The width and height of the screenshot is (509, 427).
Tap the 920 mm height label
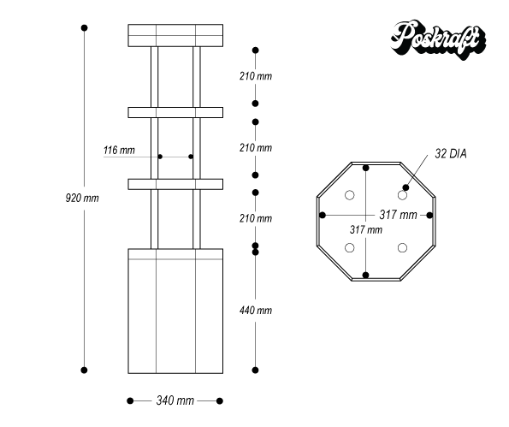click(82, 198)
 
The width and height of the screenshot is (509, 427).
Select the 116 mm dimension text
click(119, 151)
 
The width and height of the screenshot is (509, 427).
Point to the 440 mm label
click(255, 310)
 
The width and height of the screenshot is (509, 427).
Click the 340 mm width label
click(175, 400)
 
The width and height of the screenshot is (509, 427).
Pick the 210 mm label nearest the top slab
click(255, 76)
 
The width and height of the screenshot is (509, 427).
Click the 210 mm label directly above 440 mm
click(255, 219)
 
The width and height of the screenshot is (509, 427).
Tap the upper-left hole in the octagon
click(350, 196)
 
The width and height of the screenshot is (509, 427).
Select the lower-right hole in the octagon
click(402, 248)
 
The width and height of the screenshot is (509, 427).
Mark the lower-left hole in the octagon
click(350, 248)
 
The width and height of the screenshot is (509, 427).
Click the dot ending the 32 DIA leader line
click(406, 187)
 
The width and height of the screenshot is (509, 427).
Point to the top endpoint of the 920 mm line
click(84, 28)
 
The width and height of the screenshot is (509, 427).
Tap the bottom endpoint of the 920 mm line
click(84, 370)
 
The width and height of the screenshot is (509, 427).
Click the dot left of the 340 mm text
click(130, 400)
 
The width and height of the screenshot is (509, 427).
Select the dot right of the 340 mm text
click(220, 400)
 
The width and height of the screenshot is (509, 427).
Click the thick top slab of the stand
click(175, 35)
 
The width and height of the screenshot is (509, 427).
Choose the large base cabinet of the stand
click(175, 311)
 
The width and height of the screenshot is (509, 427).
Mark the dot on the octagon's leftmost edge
click(323, 215)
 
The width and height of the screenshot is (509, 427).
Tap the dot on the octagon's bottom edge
click(366, 275)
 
